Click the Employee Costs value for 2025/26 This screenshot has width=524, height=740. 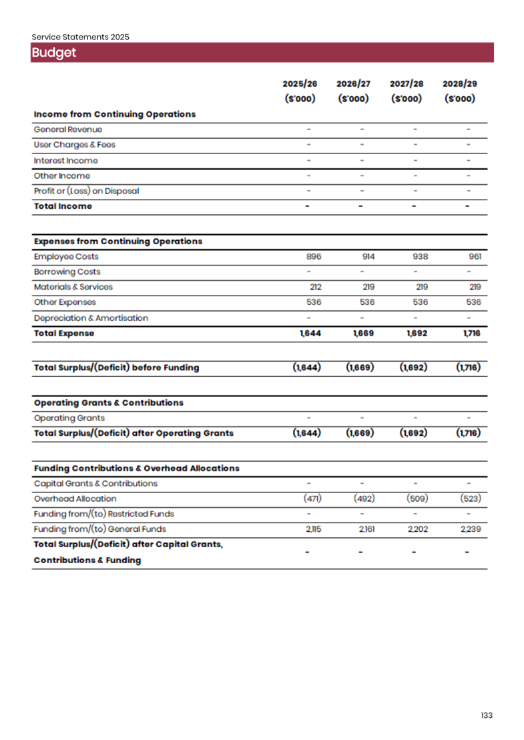[314, 257]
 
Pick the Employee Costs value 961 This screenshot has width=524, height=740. [475, 257]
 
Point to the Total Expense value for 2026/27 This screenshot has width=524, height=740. [363, 334]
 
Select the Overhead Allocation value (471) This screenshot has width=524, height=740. [312, 499]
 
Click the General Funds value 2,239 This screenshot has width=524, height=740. [471, 530]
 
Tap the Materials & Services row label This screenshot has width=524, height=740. [73, 288]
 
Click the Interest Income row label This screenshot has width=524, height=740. [66, 161]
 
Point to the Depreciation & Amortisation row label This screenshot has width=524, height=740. [91, 318]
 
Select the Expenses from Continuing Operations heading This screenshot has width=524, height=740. [118, 242]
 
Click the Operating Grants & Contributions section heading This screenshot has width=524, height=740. [109, 403]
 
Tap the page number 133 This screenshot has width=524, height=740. [487, 716]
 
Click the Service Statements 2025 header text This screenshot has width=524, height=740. [80, 37]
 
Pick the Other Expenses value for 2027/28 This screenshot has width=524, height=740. [420, 303]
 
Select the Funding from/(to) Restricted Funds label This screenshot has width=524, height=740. [104, 514]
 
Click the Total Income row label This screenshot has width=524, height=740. [63, 207]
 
